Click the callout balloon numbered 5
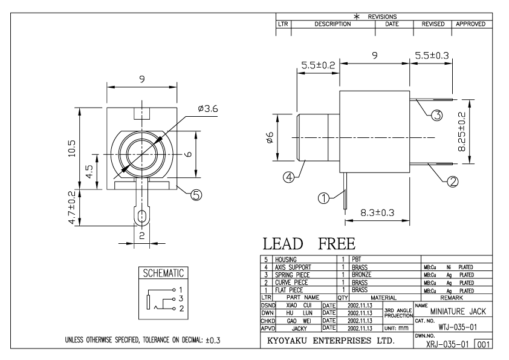pos(196,194)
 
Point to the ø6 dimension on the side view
pos(271,137)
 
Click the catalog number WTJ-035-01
pos(457,327)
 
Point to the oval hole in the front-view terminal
pos(142,217)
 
